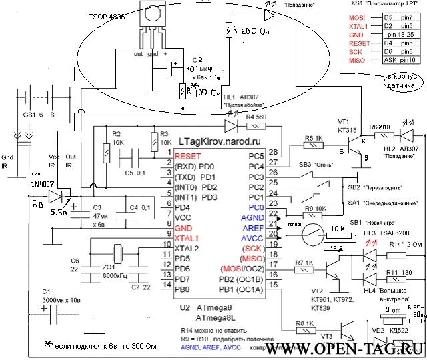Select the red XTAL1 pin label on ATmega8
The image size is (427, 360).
[x=188, y=237]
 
